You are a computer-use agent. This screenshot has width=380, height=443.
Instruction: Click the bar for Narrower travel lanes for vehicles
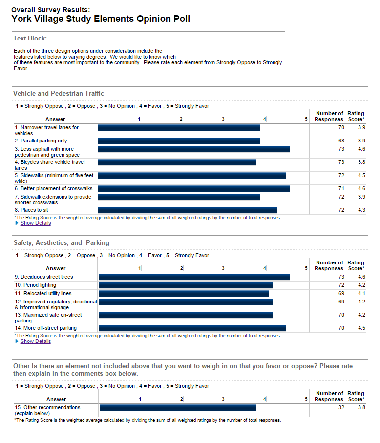[x=179, y=128]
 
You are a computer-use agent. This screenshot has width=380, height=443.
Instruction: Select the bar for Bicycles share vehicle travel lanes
[x=177, y=162]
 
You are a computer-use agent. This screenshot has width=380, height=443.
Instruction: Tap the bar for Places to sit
[x=188, y=210]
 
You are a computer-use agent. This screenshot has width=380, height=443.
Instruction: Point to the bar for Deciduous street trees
[x=194, y=277]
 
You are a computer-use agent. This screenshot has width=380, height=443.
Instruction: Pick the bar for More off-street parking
[x=192, y=328]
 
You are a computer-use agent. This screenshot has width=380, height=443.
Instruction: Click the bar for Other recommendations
[x=178, y=408]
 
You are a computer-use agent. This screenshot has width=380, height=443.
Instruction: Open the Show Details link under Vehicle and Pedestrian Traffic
[x=36, y=223]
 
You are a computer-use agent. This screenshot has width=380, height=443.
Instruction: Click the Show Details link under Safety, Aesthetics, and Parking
[x=36, y=342]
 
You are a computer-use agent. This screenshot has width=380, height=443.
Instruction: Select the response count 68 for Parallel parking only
[x=341, y=141]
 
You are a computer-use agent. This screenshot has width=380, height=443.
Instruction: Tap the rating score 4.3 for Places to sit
[x=361, y=210]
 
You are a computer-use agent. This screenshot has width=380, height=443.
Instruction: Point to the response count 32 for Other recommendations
[x=341, y=408]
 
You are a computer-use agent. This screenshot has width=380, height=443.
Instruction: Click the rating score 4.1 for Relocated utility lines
[x=361, y=294]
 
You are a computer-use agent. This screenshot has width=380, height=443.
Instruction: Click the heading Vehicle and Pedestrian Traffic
[x=59, y=94]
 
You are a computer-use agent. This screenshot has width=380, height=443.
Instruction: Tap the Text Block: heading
[x=30, y=39]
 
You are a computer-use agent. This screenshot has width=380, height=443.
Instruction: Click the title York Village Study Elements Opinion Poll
[x=101, y=19]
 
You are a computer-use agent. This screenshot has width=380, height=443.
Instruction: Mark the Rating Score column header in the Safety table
[x=356, y=265]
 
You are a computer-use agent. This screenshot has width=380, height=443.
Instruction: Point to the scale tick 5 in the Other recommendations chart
[x=306, y=399]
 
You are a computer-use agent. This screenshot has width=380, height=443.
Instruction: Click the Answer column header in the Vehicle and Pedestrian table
[x=55, y=119]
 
